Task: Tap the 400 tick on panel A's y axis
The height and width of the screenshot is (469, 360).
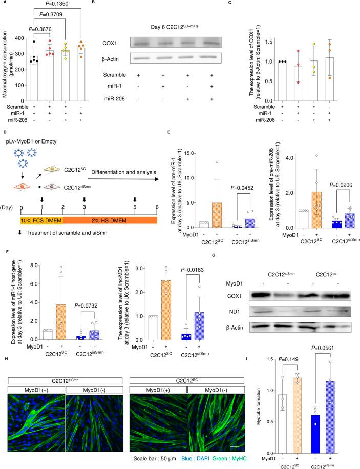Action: click(x=26, y=38)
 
